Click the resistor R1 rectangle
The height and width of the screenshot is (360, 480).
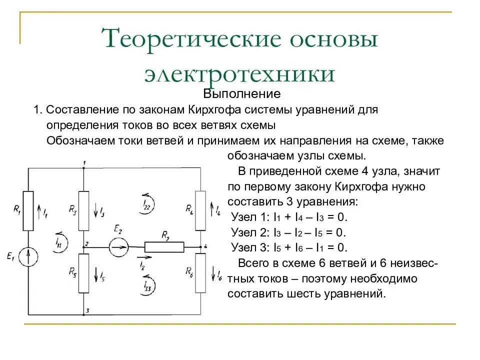coord(28,210)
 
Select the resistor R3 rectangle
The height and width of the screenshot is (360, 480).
coord(84,210)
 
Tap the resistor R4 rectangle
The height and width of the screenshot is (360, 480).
coord(200,210)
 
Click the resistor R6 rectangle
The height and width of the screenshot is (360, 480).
coord(200,273)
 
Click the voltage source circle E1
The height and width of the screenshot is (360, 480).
coord(28,257)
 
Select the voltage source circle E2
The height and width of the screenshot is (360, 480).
coord(119,246)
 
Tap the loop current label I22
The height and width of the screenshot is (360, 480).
coord(146,202)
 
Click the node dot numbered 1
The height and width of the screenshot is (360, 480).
coord(84,168)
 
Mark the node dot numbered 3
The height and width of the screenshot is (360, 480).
coord(84,315)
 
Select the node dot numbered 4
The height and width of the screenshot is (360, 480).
coord(200,246)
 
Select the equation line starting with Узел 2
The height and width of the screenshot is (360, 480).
coord(289,232)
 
